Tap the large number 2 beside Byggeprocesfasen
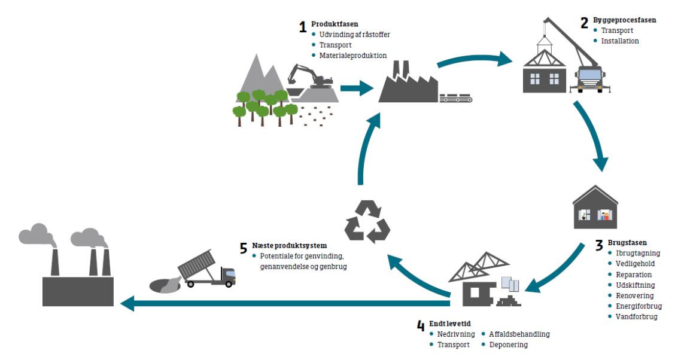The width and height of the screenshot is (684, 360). [584, 23]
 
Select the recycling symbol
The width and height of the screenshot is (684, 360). [367, 221]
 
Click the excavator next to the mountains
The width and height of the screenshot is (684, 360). [310, 77]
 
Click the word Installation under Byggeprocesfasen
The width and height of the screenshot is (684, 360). [620, 41]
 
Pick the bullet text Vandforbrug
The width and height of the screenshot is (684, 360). [637, 317]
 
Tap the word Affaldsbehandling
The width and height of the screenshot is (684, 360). [519, 334]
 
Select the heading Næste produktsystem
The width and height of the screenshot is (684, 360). [289, 246]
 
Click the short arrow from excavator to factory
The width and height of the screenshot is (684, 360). [357, 89]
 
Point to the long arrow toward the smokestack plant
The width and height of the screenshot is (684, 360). [285, 303]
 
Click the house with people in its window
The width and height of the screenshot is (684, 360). [595, 208]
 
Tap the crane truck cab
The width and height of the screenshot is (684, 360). [589, 78]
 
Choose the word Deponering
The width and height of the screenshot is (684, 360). [508, 344]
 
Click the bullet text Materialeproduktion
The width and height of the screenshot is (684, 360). [353, 56]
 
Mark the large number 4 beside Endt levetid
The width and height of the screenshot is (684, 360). [421, 326]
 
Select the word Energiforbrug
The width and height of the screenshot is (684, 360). [639, 306]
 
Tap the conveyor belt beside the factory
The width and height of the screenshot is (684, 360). [456, 97]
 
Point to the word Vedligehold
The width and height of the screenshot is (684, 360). [635, 264]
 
